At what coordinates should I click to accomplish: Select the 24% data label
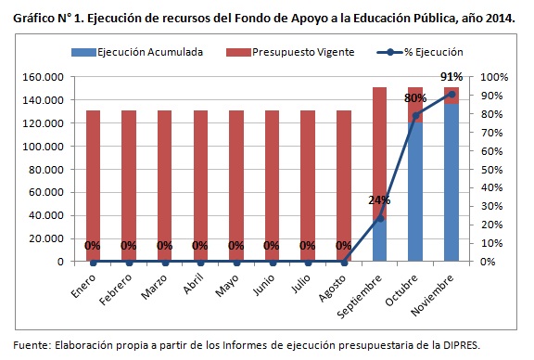pyautogui.click(x=379, y=200)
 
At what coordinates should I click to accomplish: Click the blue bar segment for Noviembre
pyautogui.click(x=451, y=186)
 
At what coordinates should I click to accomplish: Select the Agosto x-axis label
pyautogui.click(x=334, y=286)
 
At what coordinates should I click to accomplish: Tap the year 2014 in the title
pyautogui.click(x=496, y=17)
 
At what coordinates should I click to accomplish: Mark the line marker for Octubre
pyautogui.click(x=415, y=115)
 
